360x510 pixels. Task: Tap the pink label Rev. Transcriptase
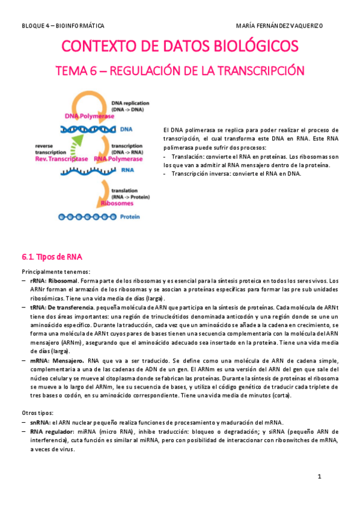[x=61, y=159]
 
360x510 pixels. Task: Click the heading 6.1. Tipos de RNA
[x=47, y=257]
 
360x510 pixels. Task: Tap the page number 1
[x=320, y=477]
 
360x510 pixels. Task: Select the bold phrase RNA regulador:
[x=52, y=432]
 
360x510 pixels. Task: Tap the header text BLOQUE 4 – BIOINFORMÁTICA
[x=63, y=26]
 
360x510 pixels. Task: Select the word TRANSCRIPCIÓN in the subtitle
[x=261, y=71]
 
